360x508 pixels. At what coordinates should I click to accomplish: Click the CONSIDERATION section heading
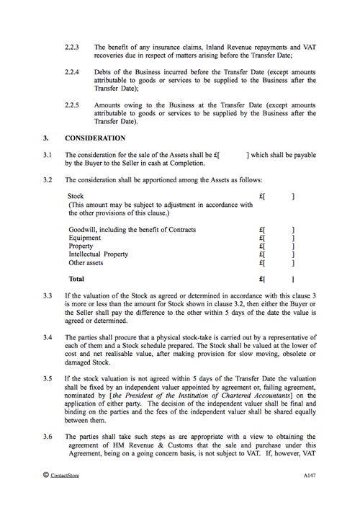click(95, 138)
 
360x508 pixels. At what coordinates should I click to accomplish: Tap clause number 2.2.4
click(72, 73)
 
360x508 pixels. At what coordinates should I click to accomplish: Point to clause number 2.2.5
click(72, 105)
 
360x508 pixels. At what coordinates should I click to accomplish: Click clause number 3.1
click(48, 155)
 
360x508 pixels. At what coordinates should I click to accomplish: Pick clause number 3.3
click(48, 295)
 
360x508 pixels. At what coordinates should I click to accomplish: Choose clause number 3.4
click(48, 337)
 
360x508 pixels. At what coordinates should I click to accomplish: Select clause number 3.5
click(48, 378)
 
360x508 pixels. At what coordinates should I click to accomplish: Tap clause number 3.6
click(48, 437)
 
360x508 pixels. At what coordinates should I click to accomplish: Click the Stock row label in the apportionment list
click(76, 196)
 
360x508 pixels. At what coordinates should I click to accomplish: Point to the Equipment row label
click(85, 238)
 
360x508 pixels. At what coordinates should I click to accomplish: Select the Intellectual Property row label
click(99, 254)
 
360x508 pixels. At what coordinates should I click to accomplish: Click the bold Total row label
click(76, 278)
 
